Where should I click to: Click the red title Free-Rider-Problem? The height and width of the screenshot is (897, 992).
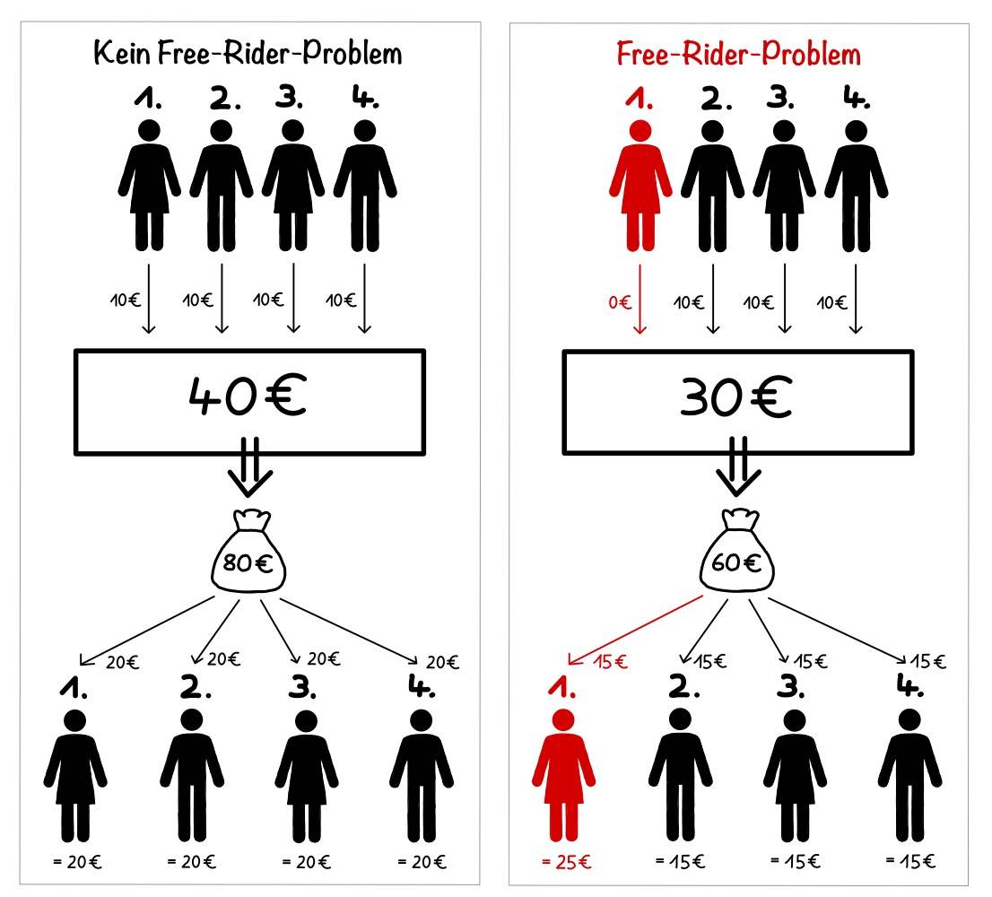pyautogui.click(x=738, y=54)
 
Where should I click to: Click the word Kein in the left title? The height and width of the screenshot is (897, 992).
pyautogui.click(x=122, y=52)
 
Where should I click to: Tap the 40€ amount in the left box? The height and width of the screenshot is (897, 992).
pyautogui.click(x=248, y=396)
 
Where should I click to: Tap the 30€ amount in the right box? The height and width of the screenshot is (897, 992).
pyautogui.click(x=736, y=397)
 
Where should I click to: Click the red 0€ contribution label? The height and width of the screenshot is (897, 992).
pyautogui.click(x=620, y=302)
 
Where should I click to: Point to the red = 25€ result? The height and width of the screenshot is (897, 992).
pyautogui.click(x=567, y=862)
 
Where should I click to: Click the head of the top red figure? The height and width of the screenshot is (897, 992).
pyautogui.click(x=640, y=131)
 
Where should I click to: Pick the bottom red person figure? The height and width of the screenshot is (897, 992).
pyautogui.click(x=563, y=776)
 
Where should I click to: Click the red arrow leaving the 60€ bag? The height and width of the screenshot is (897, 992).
pyautogui.click(x=635, y=630)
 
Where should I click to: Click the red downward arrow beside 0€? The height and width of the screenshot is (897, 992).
pyautogui.click(x=640, y=299)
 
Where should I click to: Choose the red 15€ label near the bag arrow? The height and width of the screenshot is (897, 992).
pyautogui.click(x=611, y=662)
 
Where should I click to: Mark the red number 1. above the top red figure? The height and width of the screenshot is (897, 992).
pyautogui.click(x=639, y=99)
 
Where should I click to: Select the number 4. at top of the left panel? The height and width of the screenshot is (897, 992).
pyautogui.click(x=366, y=97)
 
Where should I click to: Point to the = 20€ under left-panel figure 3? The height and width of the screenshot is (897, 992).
pyautogui.click(x=306, y=862)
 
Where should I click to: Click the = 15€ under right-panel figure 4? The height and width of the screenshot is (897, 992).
pyautogui.click(x=910, y=861)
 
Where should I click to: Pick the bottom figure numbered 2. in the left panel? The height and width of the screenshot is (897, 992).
pyautogui.click(x=192, y=776)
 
